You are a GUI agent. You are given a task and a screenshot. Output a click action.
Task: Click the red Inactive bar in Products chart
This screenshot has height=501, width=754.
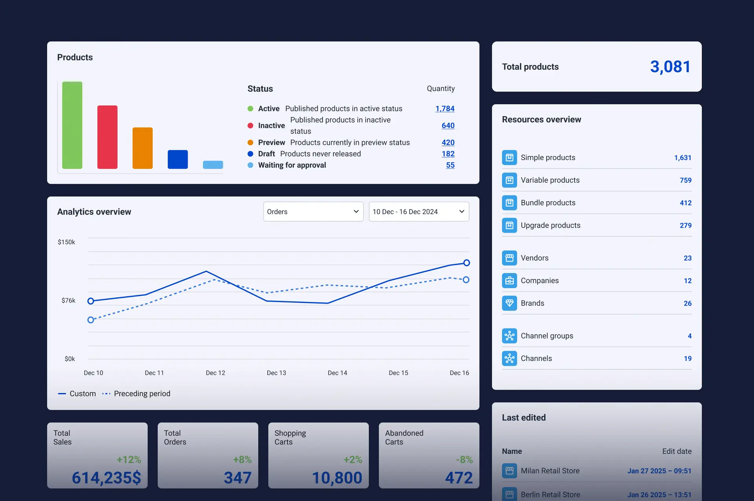coord(107,137)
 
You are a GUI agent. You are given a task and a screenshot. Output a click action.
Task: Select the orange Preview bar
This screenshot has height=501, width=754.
coord(143,148)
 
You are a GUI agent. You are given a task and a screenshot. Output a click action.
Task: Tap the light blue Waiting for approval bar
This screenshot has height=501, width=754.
coord(213,165)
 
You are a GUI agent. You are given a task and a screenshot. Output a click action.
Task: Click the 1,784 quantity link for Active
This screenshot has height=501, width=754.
coord(445,109)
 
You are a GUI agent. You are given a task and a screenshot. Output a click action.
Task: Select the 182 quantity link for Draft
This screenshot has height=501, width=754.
coord(448,154)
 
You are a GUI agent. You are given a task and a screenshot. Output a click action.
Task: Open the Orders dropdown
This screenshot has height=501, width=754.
coord(313,212)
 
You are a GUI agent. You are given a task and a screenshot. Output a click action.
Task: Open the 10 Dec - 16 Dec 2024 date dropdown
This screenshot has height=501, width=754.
coord(419,212)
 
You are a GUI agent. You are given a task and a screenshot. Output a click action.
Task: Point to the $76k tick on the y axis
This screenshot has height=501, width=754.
coord(68,301)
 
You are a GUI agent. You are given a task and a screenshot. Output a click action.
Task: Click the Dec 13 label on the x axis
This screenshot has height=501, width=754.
coord(276,373)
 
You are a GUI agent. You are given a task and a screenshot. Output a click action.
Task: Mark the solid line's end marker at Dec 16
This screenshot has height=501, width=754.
coord(466,263)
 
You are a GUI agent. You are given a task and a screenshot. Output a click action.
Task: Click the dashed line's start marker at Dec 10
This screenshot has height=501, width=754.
coord(91,320)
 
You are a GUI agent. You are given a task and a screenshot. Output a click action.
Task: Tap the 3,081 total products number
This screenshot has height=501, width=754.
coord(670,67)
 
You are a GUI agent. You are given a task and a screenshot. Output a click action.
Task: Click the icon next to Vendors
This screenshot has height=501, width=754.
coord(509,258)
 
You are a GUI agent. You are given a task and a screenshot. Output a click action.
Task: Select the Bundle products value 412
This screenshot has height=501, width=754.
coord(685,203)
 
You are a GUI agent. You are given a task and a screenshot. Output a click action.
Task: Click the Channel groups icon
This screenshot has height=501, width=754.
coord(509,336)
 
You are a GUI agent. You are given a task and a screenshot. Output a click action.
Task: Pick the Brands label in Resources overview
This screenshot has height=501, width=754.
coord(532,303)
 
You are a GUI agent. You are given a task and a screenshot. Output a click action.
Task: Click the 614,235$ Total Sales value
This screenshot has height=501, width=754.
coord(106,478)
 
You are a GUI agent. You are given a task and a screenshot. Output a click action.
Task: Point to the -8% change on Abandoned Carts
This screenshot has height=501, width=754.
coord(464,459)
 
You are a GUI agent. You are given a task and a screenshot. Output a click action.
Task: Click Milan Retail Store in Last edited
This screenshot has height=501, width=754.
coord(550,471)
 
